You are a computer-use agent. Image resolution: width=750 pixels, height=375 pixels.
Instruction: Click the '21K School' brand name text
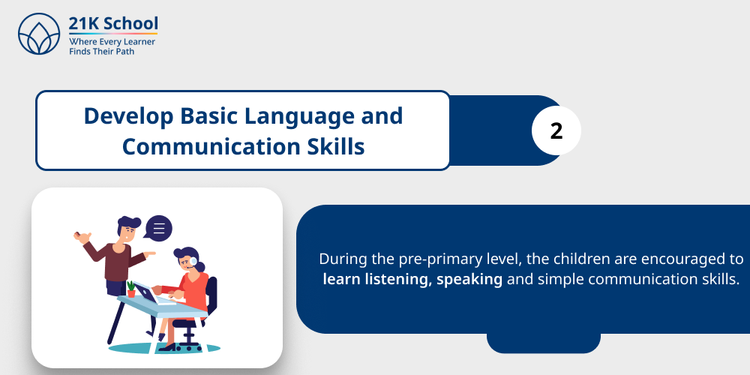click(112, 23)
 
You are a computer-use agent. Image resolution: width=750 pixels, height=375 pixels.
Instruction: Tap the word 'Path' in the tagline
click(121, 52)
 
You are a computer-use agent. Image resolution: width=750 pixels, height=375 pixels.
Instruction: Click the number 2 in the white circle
click(556, 130)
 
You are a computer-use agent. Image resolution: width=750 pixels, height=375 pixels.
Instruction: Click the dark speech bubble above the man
click(158, 228)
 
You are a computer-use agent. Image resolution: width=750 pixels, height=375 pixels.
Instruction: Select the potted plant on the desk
click(131, 289)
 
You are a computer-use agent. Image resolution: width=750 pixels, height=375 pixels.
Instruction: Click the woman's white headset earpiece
click(193, 262)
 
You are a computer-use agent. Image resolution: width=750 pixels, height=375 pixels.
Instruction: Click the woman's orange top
click(196, 289)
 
